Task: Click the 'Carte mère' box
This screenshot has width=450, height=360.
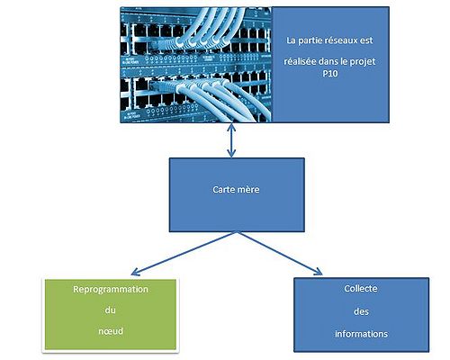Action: click(x=236, y=193)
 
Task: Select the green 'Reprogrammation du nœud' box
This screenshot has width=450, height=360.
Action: click(x=110, y=312)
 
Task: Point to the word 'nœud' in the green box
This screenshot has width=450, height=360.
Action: click(x=110, y=330)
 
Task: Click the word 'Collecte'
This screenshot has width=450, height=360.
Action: click(x=360, y=288)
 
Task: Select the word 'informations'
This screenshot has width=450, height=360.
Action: click(x=360, y=334)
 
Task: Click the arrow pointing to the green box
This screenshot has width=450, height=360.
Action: click(x=180, y=251)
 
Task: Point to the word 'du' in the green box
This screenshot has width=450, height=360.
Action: click(x=110, y=310)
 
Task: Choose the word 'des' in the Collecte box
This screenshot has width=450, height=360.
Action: click(x=360, y=311)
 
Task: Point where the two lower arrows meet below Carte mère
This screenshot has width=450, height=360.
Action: click(x=236, y=231)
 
